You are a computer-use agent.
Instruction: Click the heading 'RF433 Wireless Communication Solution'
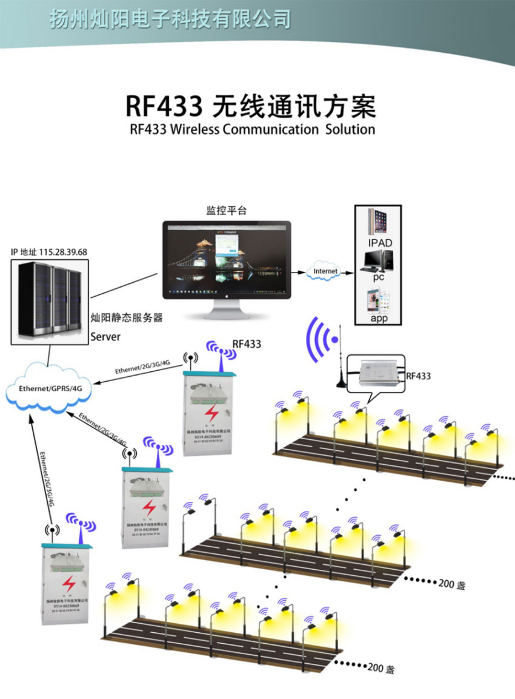click(x=252, y=129)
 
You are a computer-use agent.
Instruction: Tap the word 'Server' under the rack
click(x=105, y=336)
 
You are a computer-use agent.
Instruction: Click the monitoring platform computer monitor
click(x=226, y=261)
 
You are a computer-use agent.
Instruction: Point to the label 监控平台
click(x=226, y=211)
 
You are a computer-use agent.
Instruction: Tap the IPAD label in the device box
click(x=380, y=243)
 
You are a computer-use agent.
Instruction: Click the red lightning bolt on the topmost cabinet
click(x=211, y=413)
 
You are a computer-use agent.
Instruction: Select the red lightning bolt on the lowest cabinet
click(x=70, y=584)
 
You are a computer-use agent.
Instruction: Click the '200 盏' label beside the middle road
click(x=451, y=585)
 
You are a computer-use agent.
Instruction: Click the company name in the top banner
click(x=170, y=19)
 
